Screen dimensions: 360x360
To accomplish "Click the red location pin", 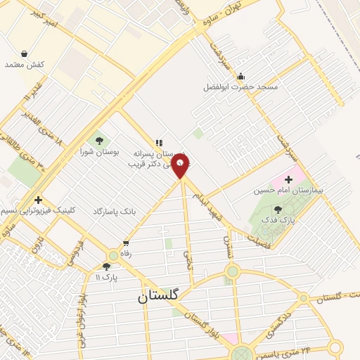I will pyautogui.click(x=181, y=166).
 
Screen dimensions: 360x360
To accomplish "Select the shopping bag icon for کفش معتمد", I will pyautogui.click(x=25, y=53).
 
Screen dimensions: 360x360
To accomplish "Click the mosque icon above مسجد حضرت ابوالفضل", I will pyautogui.click(x=241, y=76).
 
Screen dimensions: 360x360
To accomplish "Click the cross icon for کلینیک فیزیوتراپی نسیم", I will pyautogui.click(x=38, y=200).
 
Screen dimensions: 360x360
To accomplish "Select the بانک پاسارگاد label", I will pyautogui.click(x=109, y=211).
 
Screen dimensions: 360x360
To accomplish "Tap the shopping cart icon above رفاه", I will pyautogui.click(x=126, y=243).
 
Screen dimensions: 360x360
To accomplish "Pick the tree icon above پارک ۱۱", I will pyautogui.click(x=106, y=266).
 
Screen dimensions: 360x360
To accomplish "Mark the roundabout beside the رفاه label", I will pyautogui.click(x=113, y=257).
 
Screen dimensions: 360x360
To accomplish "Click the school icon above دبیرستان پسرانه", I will pyautogui.click(x=159, y=143).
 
